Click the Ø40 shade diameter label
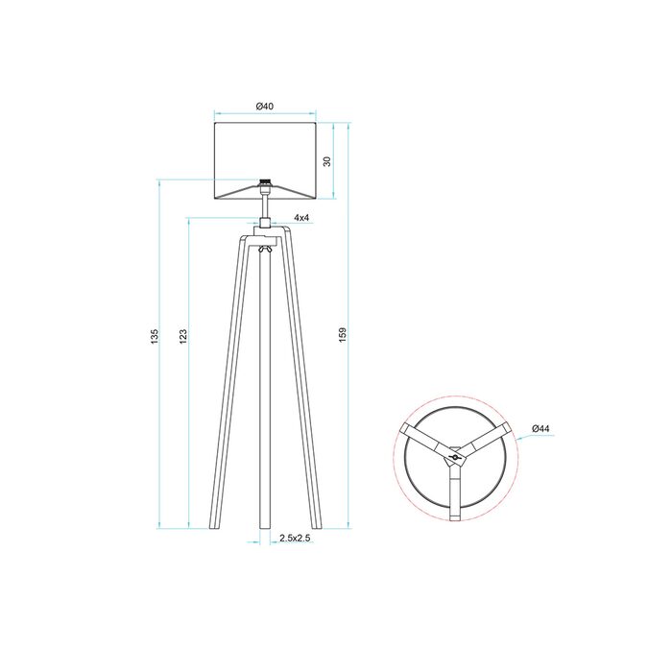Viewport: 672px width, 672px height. click(265, 106)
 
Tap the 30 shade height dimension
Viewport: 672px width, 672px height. click(327, 161)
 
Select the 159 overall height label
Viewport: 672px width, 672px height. click(343, 334)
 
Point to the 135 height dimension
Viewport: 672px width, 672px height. click(155, 336)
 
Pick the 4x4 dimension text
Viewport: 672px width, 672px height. click(301, 218)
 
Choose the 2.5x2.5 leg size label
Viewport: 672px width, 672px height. click(295, 538)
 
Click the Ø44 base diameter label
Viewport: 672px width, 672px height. click(540, 428)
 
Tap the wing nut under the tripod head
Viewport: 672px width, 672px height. click(265, 250)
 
